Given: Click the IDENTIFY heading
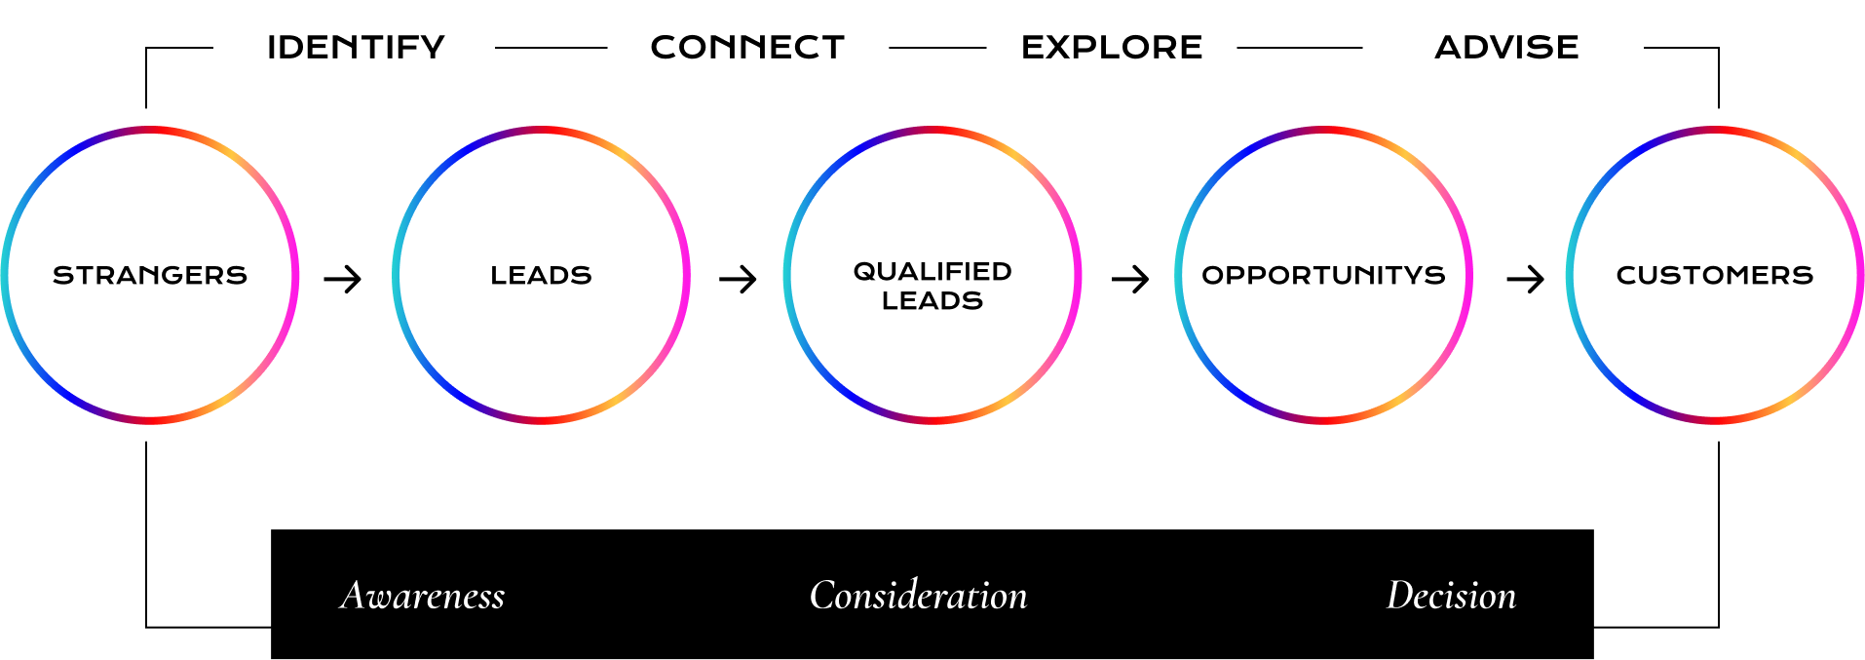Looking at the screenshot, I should click(x=356, y=47).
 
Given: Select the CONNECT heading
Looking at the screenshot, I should click(x=747, y=47).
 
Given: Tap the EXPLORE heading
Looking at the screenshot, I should click(x=1112, y=47).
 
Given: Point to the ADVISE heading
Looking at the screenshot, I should click(x=1506, y=47).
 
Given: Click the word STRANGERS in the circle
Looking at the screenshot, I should click(x=150, y=276).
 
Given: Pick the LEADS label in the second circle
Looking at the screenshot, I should click(x=541, y=276).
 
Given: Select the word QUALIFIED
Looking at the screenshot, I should click(x=932, y=271).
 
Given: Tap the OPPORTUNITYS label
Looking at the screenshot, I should click(x=1323, y=276).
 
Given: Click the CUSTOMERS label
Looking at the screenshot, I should click(x=1715, y=276).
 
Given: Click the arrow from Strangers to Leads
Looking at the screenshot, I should click(x=343, y=280).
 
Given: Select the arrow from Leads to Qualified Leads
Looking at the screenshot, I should click(x=738, y=280).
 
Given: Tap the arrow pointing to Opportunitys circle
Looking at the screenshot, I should click(x=1130, y=280).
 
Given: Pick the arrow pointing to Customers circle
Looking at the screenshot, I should click(x=1525, y=280).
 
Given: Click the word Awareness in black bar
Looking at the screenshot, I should click(x=423, y=596).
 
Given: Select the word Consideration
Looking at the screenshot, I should click(x=918, y=596).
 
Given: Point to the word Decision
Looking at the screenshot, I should click(x=1451, y=596).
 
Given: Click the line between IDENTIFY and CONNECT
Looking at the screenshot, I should click(x=551, y=47).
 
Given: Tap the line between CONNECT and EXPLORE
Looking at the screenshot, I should click(x=937, y=47).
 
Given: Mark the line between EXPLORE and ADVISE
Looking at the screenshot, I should click(x=1299, y=47).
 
